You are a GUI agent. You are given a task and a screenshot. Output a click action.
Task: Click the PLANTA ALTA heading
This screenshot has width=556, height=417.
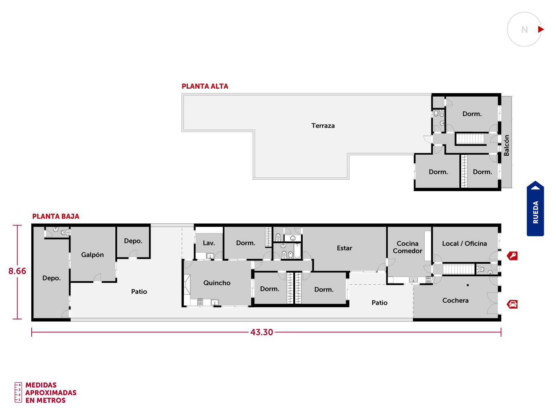click(205, 86)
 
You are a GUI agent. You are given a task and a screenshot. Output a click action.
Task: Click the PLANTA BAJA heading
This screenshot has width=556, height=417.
click(56, 216)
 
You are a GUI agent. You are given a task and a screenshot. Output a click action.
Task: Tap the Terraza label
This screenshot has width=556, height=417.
click(323, 125)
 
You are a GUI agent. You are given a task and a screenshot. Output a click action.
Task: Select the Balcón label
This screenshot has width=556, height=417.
click(506, 145)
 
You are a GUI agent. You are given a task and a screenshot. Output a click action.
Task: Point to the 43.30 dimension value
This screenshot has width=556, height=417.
click(262, 332)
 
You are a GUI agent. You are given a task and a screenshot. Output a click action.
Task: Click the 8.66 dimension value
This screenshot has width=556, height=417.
click(17, 271)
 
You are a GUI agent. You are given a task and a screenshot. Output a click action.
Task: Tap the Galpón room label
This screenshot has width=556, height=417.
click(92, 255)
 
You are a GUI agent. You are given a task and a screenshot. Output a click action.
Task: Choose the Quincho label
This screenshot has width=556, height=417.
click(217, 283)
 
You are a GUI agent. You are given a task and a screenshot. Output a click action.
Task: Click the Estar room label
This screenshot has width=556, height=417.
click(344, 248)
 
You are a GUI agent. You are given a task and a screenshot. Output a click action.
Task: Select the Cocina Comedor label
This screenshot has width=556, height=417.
click(407, 247)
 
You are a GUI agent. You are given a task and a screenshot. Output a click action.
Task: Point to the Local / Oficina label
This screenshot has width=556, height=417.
click(464, 244)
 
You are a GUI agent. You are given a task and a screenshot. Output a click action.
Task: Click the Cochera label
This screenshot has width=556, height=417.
click(455, 300)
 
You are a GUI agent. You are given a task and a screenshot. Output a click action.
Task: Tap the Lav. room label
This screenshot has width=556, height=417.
click(209, 243)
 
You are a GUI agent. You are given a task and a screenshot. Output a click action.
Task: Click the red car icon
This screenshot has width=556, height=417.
click(512, 304)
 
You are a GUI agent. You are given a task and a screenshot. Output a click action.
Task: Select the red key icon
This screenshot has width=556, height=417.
click(512, 256)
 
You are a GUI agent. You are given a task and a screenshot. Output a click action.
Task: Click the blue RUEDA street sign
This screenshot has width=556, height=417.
click(535, 208)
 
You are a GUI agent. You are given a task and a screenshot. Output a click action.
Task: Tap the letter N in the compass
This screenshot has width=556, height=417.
click(525, 30)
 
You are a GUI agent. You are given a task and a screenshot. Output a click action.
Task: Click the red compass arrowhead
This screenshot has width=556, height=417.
click(541, 30)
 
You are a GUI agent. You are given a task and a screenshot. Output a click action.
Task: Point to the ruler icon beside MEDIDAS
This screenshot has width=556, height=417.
click(18, 392)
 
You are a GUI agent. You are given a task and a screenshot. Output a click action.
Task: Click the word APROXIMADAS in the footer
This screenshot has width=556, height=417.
click(51, 393)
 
